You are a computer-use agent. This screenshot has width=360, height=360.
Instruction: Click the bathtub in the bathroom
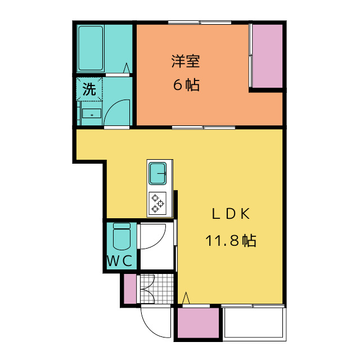[91, 48]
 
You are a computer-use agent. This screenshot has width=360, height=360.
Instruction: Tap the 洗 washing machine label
[89, 89]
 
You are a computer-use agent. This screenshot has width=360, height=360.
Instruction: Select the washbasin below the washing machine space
[92, 114]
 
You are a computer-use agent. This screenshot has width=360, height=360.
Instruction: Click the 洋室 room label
[186, 61]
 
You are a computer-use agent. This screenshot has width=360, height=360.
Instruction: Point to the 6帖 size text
[186, 85]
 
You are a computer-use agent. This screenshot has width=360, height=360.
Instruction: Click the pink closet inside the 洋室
[267, 56]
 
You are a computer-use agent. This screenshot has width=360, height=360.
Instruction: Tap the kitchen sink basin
[157, 174]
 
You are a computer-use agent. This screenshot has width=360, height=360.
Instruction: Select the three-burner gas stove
[157, 204]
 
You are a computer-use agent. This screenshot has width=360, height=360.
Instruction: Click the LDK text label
[231, 214]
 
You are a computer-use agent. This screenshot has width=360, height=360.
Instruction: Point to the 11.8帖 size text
[231, 240]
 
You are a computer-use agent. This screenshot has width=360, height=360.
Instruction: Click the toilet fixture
[121, 236]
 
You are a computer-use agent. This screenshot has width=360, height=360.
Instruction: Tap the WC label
[120, 260]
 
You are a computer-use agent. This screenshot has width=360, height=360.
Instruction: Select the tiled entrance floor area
[157, 289]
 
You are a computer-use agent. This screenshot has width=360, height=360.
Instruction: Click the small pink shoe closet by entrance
[130, 289]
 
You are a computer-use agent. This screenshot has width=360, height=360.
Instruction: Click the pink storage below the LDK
[199, 323]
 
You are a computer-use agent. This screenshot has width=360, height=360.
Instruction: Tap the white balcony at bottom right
[254, 322]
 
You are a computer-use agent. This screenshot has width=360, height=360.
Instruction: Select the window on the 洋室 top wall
[200, 22]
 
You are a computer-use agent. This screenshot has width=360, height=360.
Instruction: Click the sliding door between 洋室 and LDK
[204, 128]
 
